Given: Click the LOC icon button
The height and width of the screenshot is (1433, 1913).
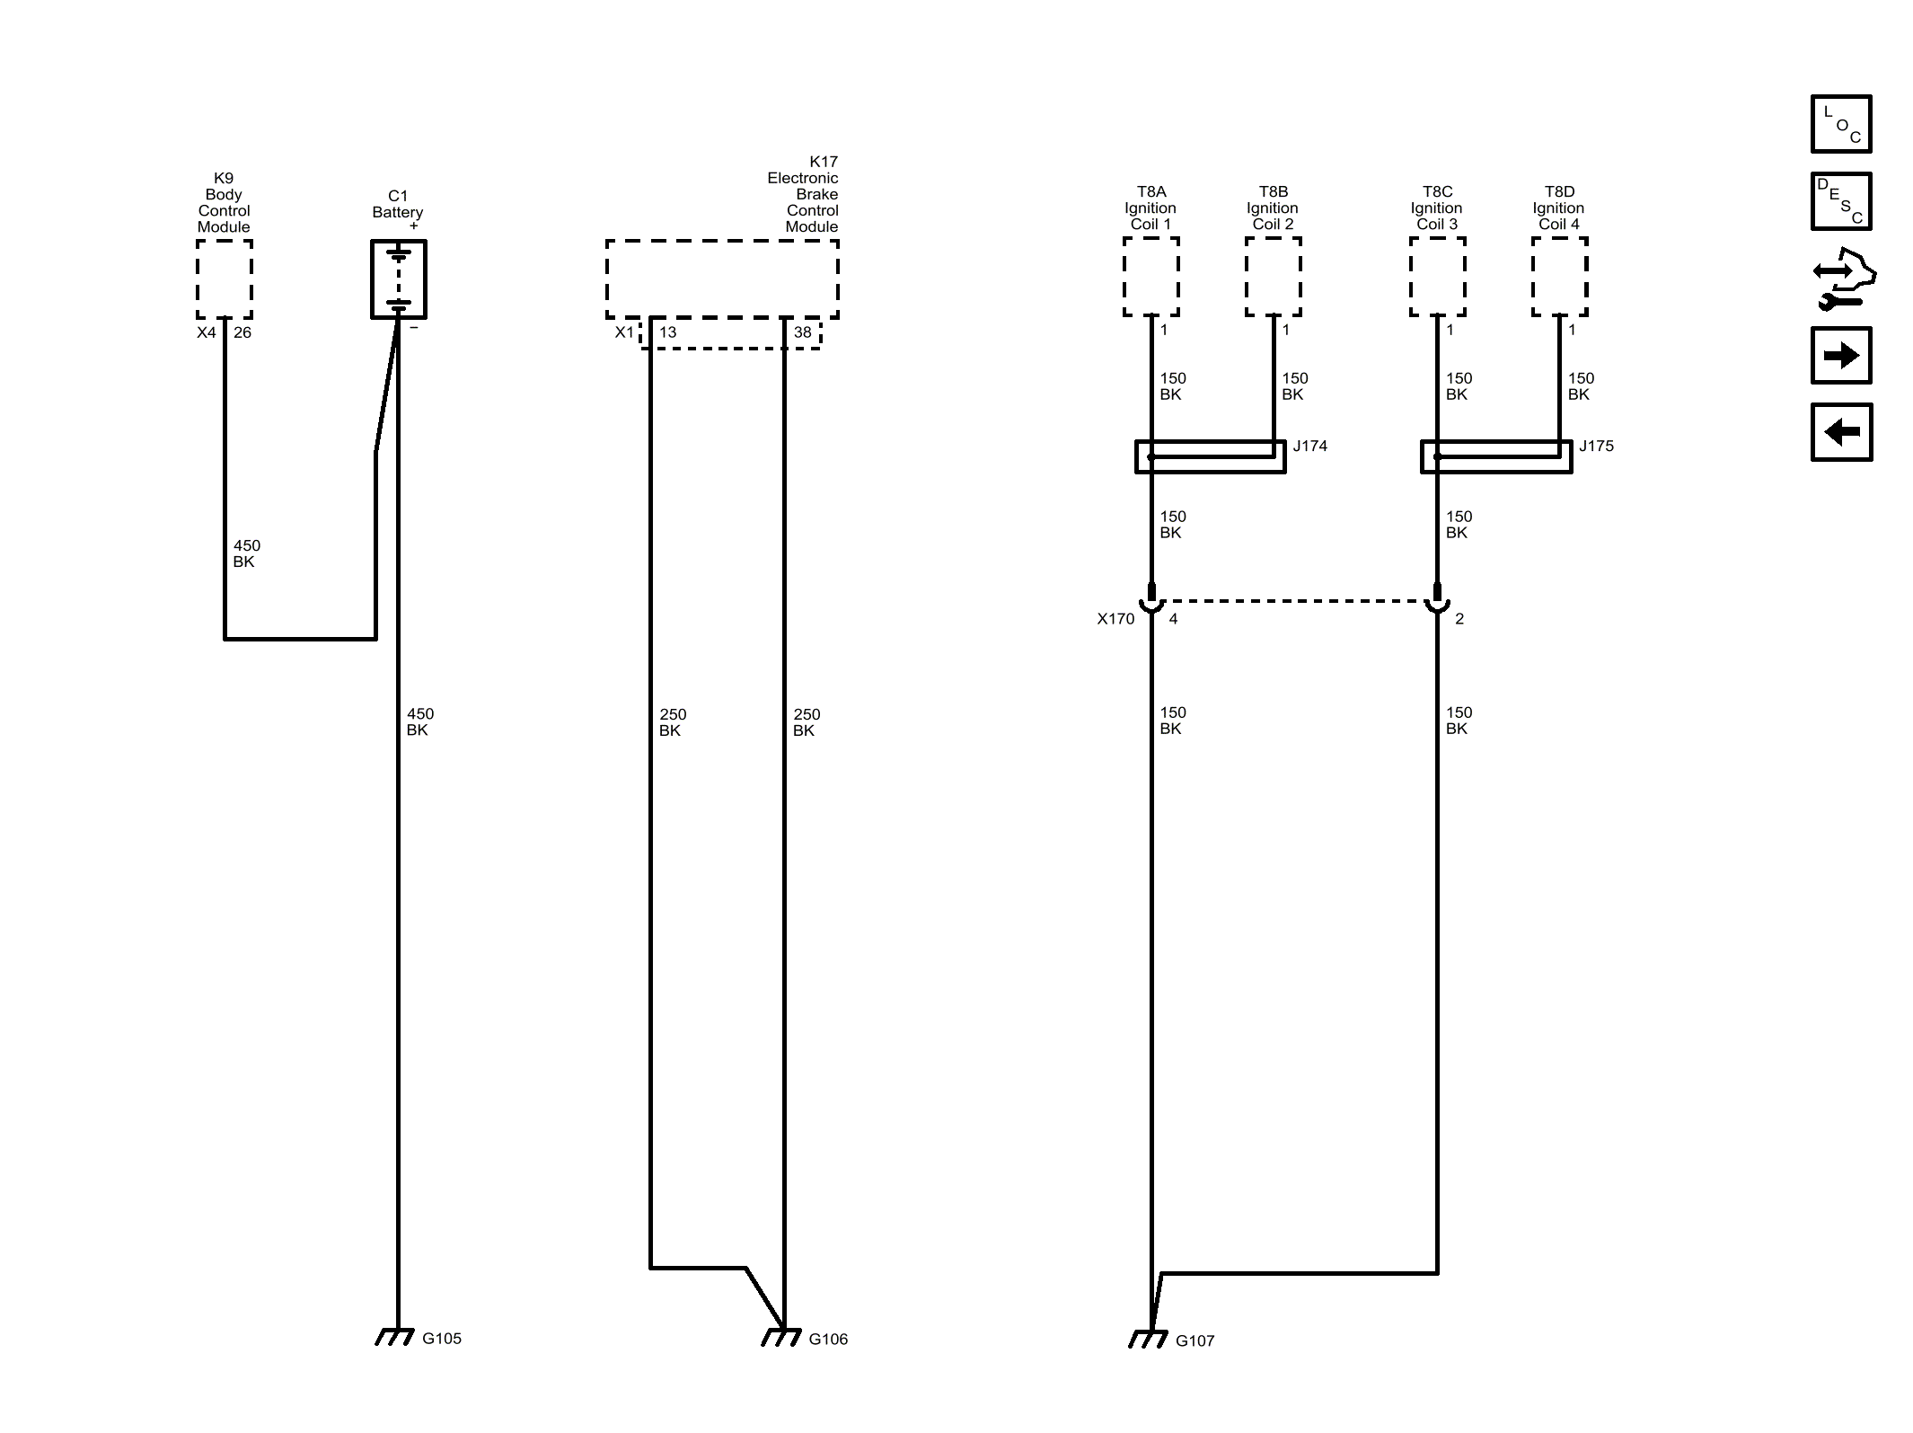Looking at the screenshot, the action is click(x=1841, y=124).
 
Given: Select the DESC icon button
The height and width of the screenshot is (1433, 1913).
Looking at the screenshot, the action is click(x=1841, y=201).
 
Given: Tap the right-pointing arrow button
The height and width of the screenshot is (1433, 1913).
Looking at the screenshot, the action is click(x=1841, y=356).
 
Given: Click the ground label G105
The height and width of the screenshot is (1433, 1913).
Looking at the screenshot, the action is click(x=442, y=1338).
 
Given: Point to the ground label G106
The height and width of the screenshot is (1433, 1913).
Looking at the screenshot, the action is click(x=828, y=1339).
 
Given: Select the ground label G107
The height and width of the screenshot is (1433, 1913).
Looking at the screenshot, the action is click(x=1195, y=1340).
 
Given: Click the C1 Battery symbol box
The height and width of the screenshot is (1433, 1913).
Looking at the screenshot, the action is click(x=399, y=279).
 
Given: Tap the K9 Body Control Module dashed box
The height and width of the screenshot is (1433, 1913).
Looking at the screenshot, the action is click(x=225, y=279).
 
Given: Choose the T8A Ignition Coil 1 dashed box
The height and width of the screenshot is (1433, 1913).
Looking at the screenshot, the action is click(x=1150, y=277).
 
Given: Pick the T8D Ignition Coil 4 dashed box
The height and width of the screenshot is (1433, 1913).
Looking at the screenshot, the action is click(x=1559, y=277).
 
